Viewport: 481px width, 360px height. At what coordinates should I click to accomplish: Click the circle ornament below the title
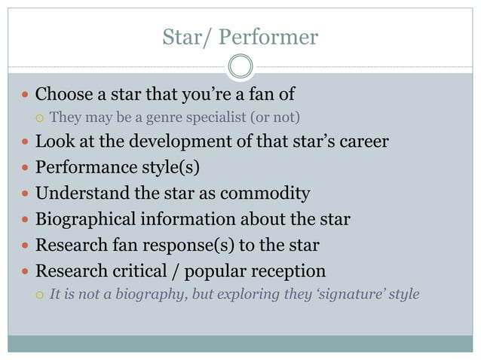point(240,66)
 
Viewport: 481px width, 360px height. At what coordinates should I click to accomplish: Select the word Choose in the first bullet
point(63,95)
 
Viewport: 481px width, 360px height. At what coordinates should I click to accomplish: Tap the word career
point(366,142)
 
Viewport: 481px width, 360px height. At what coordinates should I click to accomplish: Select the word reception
point(290,270)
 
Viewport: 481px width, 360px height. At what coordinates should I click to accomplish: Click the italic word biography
point(152,293)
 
